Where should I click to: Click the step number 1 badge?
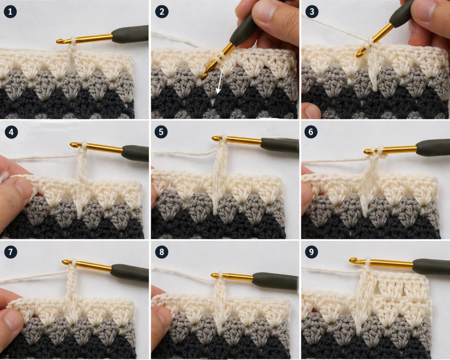(x=11, y=12)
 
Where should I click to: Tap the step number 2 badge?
(x=162, y=12)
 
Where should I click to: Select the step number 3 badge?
(x=312, y=12)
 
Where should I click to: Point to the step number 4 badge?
(x=11, y=132)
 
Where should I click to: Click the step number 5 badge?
(x=161, y=132)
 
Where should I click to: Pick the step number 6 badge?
(x=312, y=132)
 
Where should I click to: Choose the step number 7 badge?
(x=11, y=252)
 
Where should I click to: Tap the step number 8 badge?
(x=162, y=252)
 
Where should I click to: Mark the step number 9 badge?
(x=312, y=252)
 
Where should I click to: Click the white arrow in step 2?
(x=220, y=81)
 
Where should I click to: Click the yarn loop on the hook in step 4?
(x=83, y=146)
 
